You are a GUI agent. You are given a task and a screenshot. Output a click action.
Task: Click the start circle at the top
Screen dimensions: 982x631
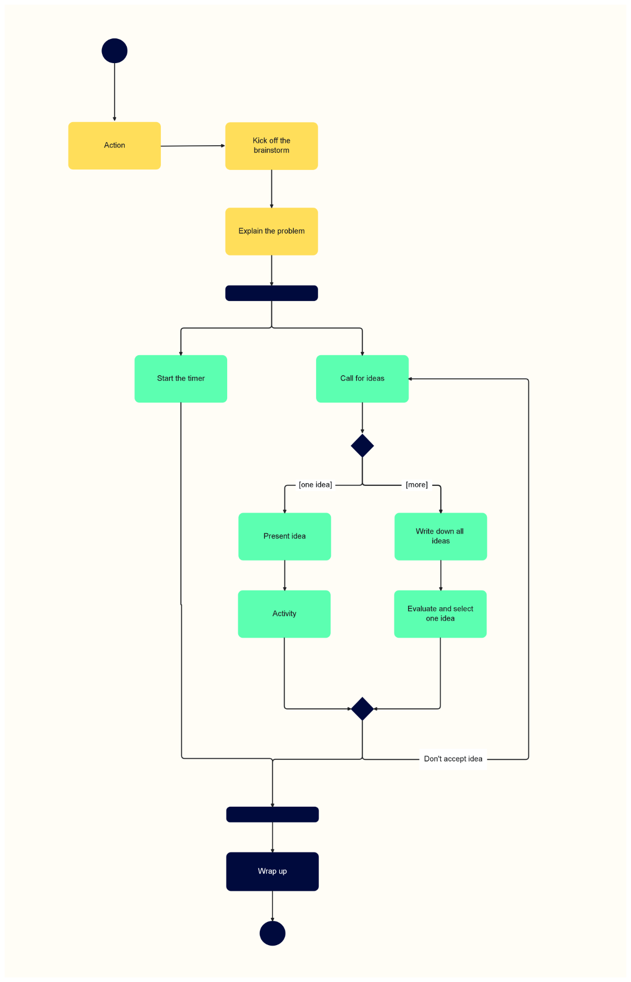click(x=115, y=51)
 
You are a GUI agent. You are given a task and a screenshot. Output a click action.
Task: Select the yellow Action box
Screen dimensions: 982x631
click(x=115, y=146)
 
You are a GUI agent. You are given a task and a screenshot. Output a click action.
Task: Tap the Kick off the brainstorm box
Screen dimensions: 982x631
click(x=271, y=146)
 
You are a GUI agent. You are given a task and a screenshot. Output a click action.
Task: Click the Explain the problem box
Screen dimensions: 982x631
click(x=271, y=232)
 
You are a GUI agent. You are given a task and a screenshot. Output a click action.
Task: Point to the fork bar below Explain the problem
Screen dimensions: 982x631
click(x=271, y=293)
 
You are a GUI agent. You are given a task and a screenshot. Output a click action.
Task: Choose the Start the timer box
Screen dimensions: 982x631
click(x=181, y=379)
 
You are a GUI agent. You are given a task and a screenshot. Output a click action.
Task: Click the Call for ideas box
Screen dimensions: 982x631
click(x=362, y=379)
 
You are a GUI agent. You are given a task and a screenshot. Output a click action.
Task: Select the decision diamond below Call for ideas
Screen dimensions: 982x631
click(x=362, y=446)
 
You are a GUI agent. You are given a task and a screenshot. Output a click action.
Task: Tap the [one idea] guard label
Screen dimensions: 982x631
click(x=315, y=485)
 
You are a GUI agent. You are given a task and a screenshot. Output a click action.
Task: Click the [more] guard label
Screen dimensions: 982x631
click(x=416, y=485)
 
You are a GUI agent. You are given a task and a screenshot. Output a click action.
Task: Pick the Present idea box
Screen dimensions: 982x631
click(x=284, y=536)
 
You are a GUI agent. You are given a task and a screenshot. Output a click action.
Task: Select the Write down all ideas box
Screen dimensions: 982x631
click(x=441, y=536)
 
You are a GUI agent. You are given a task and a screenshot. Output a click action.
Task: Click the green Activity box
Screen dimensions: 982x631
click(x=284, y=614)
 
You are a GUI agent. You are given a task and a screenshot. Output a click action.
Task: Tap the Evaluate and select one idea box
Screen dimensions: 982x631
click(x=441, y=614)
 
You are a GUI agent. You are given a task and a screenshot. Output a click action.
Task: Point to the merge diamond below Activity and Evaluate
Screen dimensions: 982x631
click(x=362, y=709)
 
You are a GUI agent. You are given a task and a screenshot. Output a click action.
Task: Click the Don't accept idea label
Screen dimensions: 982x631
click(x=453, y=759)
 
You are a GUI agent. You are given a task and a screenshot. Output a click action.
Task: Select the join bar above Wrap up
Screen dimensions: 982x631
click(x=272, y=814)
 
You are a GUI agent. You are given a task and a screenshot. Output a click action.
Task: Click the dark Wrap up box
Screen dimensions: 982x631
click(x=272, y=871)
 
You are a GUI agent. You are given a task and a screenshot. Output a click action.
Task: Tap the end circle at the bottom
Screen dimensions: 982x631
click(x=272, y=933)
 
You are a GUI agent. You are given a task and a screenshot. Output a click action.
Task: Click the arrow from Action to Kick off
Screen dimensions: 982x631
click(x=192, y=146)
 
